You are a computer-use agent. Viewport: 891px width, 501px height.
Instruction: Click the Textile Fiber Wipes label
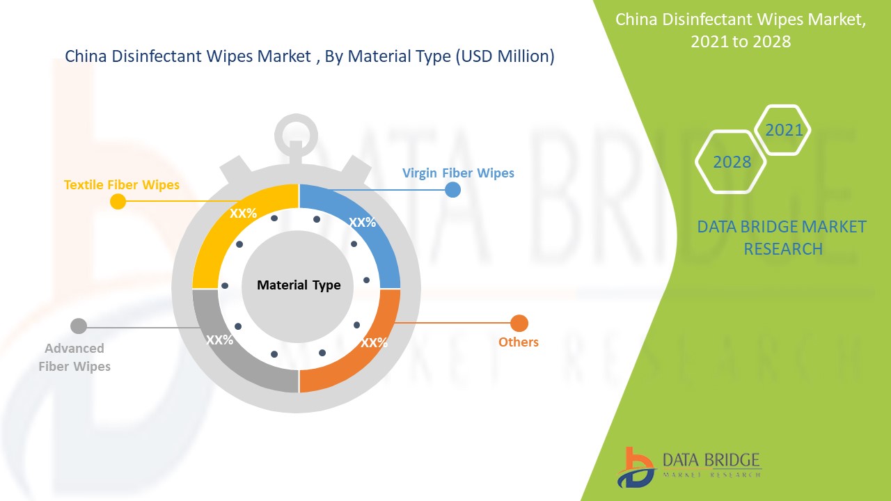point(122,184)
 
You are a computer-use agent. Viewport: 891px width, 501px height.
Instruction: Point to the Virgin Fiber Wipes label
point(458,173)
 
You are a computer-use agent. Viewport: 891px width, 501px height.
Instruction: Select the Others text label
point(519,342)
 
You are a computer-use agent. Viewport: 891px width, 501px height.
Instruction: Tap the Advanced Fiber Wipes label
point(74,357)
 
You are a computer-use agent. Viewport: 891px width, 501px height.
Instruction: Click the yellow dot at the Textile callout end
point(118,202)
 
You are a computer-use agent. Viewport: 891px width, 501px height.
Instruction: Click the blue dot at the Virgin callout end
point(452,189)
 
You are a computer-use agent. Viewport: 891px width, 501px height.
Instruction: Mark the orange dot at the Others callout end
point(519,323)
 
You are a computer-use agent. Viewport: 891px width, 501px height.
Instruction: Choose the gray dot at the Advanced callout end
point(79,326)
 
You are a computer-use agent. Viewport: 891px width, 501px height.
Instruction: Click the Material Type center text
point(299,285)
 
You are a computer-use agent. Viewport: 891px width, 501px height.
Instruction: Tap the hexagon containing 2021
point(784,130)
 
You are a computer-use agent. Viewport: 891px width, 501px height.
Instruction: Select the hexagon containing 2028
point(732,161)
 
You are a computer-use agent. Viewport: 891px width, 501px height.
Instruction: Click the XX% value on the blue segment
point(362,223)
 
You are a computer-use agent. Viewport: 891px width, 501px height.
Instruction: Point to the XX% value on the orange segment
point(374,342)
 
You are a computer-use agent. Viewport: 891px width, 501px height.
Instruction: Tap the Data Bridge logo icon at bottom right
point(635,467)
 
